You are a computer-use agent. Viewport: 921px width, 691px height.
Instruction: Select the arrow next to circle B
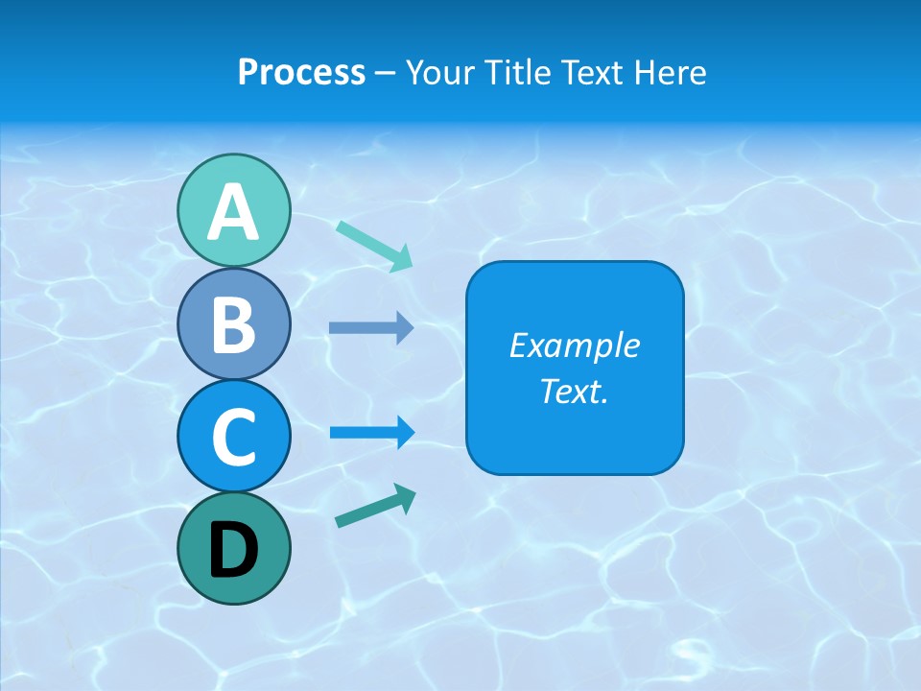point(371,328)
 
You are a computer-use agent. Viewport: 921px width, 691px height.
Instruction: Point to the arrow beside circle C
point(372,432)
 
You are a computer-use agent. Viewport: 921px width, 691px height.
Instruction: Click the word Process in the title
point(301,73)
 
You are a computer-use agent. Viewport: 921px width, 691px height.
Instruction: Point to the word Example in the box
point(574,345)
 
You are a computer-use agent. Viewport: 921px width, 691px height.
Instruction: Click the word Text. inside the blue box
point(574,391)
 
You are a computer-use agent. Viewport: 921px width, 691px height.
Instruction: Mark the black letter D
point(234,550)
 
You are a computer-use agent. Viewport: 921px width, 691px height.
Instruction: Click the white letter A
point(234,212)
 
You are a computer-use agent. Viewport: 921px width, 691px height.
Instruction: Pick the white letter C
point(234,437)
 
